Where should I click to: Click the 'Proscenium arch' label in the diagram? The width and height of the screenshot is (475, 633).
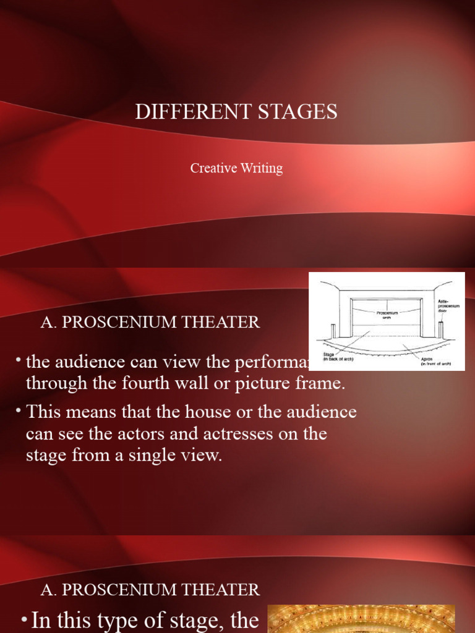click(x=387, y=315)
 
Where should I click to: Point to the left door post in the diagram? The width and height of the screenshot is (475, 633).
click(x=333, y=331)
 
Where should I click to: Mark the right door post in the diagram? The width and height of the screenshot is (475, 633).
click(x=440, y=330)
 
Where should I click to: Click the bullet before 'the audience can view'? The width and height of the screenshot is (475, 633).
click(x=19, y=360)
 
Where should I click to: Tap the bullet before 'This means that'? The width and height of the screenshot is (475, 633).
click(x=19, y=410)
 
